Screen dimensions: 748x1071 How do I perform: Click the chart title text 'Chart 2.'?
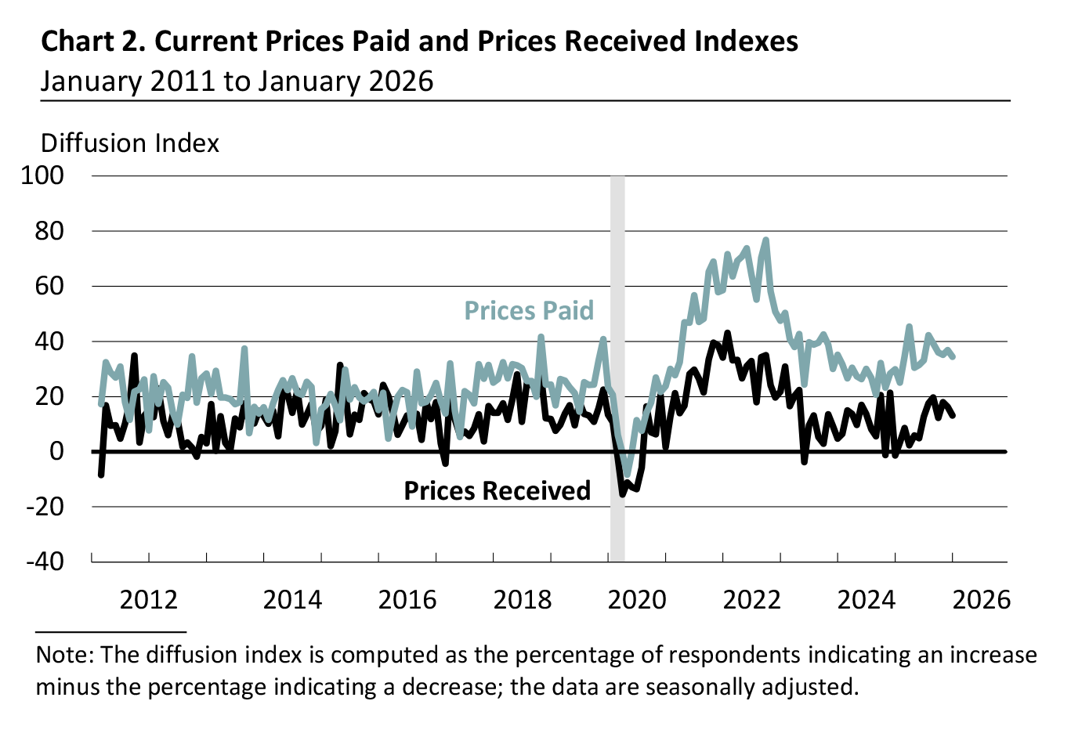point(92,42)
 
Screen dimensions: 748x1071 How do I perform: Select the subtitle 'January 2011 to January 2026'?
point(237,81)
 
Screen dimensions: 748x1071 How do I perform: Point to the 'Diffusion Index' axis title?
point(130,143)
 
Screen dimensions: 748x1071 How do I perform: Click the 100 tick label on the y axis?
point(42,175)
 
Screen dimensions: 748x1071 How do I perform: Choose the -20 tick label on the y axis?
point(45,507)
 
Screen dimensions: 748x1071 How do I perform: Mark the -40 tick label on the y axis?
point(45,562)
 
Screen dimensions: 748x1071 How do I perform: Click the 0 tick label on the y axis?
point(56,452)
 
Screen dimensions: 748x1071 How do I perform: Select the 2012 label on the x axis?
point(149,600)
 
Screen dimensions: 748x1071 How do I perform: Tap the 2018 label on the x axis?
point(523,600)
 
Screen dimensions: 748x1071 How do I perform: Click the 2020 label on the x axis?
point(637,600)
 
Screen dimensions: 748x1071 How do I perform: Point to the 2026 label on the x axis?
point(982,600)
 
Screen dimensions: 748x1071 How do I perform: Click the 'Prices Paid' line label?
point(529,311)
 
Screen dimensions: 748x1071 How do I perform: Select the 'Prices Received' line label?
point(497,491)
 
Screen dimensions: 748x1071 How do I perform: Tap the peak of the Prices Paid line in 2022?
point(765,240)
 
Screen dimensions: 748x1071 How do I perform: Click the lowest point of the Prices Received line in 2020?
point(623,493)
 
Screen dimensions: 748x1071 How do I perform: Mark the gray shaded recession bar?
point(617,368)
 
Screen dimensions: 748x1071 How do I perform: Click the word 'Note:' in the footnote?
point(66,655)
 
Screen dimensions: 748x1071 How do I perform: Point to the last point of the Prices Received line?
point(953,415)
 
